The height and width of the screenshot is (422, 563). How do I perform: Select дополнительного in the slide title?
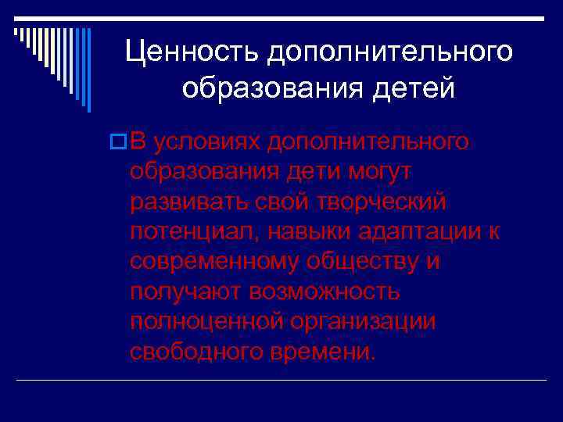pyautogui.click(x=391, y=52)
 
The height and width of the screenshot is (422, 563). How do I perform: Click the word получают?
pyautogui.click(x=185, y=291)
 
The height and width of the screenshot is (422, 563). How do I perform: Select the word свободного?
pyautogui.click(x=197, y=351)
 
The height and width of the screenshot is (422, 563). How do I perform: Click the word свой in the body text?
pyautogui.click(x=286, y=201)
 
